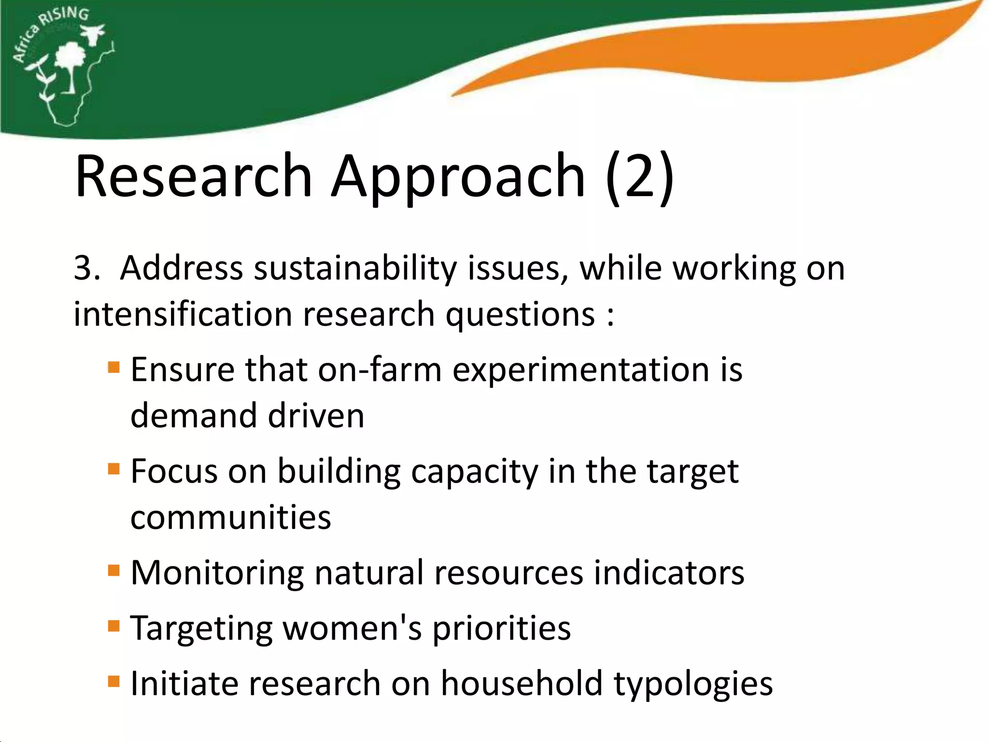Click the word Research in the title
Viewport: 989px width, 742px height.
[x=193, y=176]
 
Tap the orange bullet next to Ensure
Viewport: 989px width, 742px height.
[x=113, y=367]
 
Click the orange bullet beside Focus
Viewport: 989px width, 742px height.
[x=113, y=469]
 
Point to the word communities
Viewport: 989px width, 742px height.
[x=231, y=518]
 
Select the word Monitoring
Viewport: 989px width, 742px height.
[x=217, y=574]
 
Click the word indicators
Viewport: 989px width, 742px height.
[x=669, y=573]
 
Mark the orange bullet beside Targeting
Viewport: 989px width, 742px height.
[x=113, y=626]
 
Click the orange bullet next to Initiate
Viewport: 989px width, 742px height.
[x=113, y=681]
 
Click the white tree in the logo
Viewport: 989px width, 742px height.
[x=71, y=63]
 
